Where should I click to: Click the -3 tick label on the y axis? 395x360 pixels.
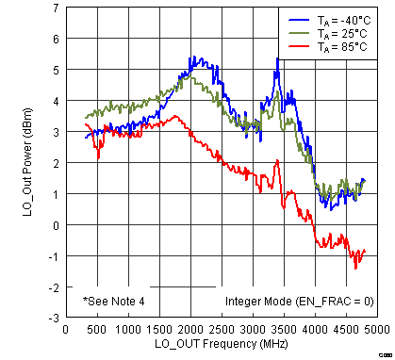[x=55, y=318]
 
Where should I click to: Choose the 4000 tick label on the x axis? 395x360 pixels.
[x=316, y=330]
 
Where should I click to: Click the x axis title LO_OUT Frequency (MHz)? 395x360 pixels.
[x=221, y=345]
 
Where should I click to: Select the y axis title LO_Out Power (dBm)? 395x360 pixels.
[x=28, y=162]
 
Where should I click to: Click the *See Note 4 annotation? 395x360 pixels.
[x=113, y=302]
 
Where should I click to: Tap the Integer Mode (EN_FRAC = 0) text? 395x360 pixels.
[x=299, y=302]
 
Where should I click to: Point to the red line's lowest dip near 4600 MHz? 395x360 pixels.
[x=355, y=268]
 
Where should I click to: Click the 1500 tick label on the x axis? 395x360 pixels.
[x=158, y=330]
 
